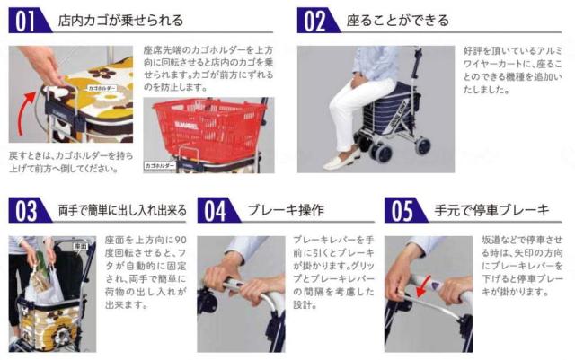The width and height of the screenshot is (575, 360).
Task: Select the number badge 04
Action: pyautogui.click(x=217, y=211)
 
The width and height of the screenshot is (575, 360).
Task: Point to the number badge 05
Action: pyautogui.click(x=404, y=211)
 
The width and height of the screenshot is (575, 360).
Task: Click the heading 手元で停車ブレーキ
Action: pyautogui.click(x=492, y=211)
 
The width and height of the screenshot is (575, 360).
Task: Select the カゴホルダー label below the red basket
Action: pyautogui.click(x=164, y=164)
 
